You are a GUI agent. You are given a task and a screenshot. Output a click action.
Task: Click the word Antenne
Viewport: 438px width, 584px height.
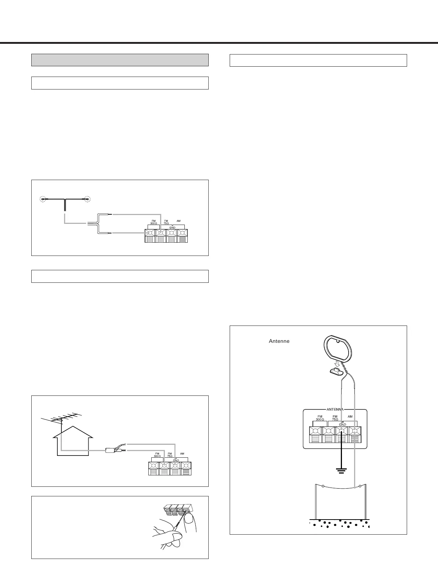[279, 341]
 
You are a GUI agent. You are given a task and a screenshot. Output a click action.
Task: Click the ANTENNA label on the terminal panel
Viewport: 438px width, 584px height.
[335, 409]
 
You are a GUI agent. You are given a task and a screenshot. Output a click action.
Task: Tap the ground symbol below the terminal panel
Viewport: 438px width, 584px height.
[342, 470]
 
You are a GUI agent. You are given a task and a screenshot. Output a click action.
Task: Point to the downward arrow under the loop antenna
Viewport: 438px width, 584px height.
[335, 363]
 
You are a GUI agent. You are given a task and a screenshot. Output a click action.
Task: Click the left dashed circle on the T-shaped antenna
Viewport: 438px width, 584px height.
[43, 199]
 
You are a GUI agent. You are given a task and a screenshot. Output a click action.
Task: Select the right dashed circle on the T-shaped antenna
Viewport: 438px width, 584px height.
[88, 199]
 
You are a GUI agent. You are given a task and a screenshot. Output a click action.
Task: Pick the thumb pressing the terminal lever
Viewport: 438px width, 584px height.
[189, 519]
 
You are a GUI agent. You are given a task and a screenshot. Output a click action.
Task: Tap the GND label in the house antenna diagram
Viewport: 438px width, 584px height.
[176, 460]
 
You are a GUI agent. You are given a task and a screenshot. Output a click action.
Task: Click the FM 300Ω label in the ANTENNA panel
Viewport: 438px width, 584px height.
[320, 418]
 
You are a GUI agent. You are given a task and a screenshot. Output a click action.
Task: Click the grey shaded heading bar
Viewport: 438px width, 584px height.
[120, 60]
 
